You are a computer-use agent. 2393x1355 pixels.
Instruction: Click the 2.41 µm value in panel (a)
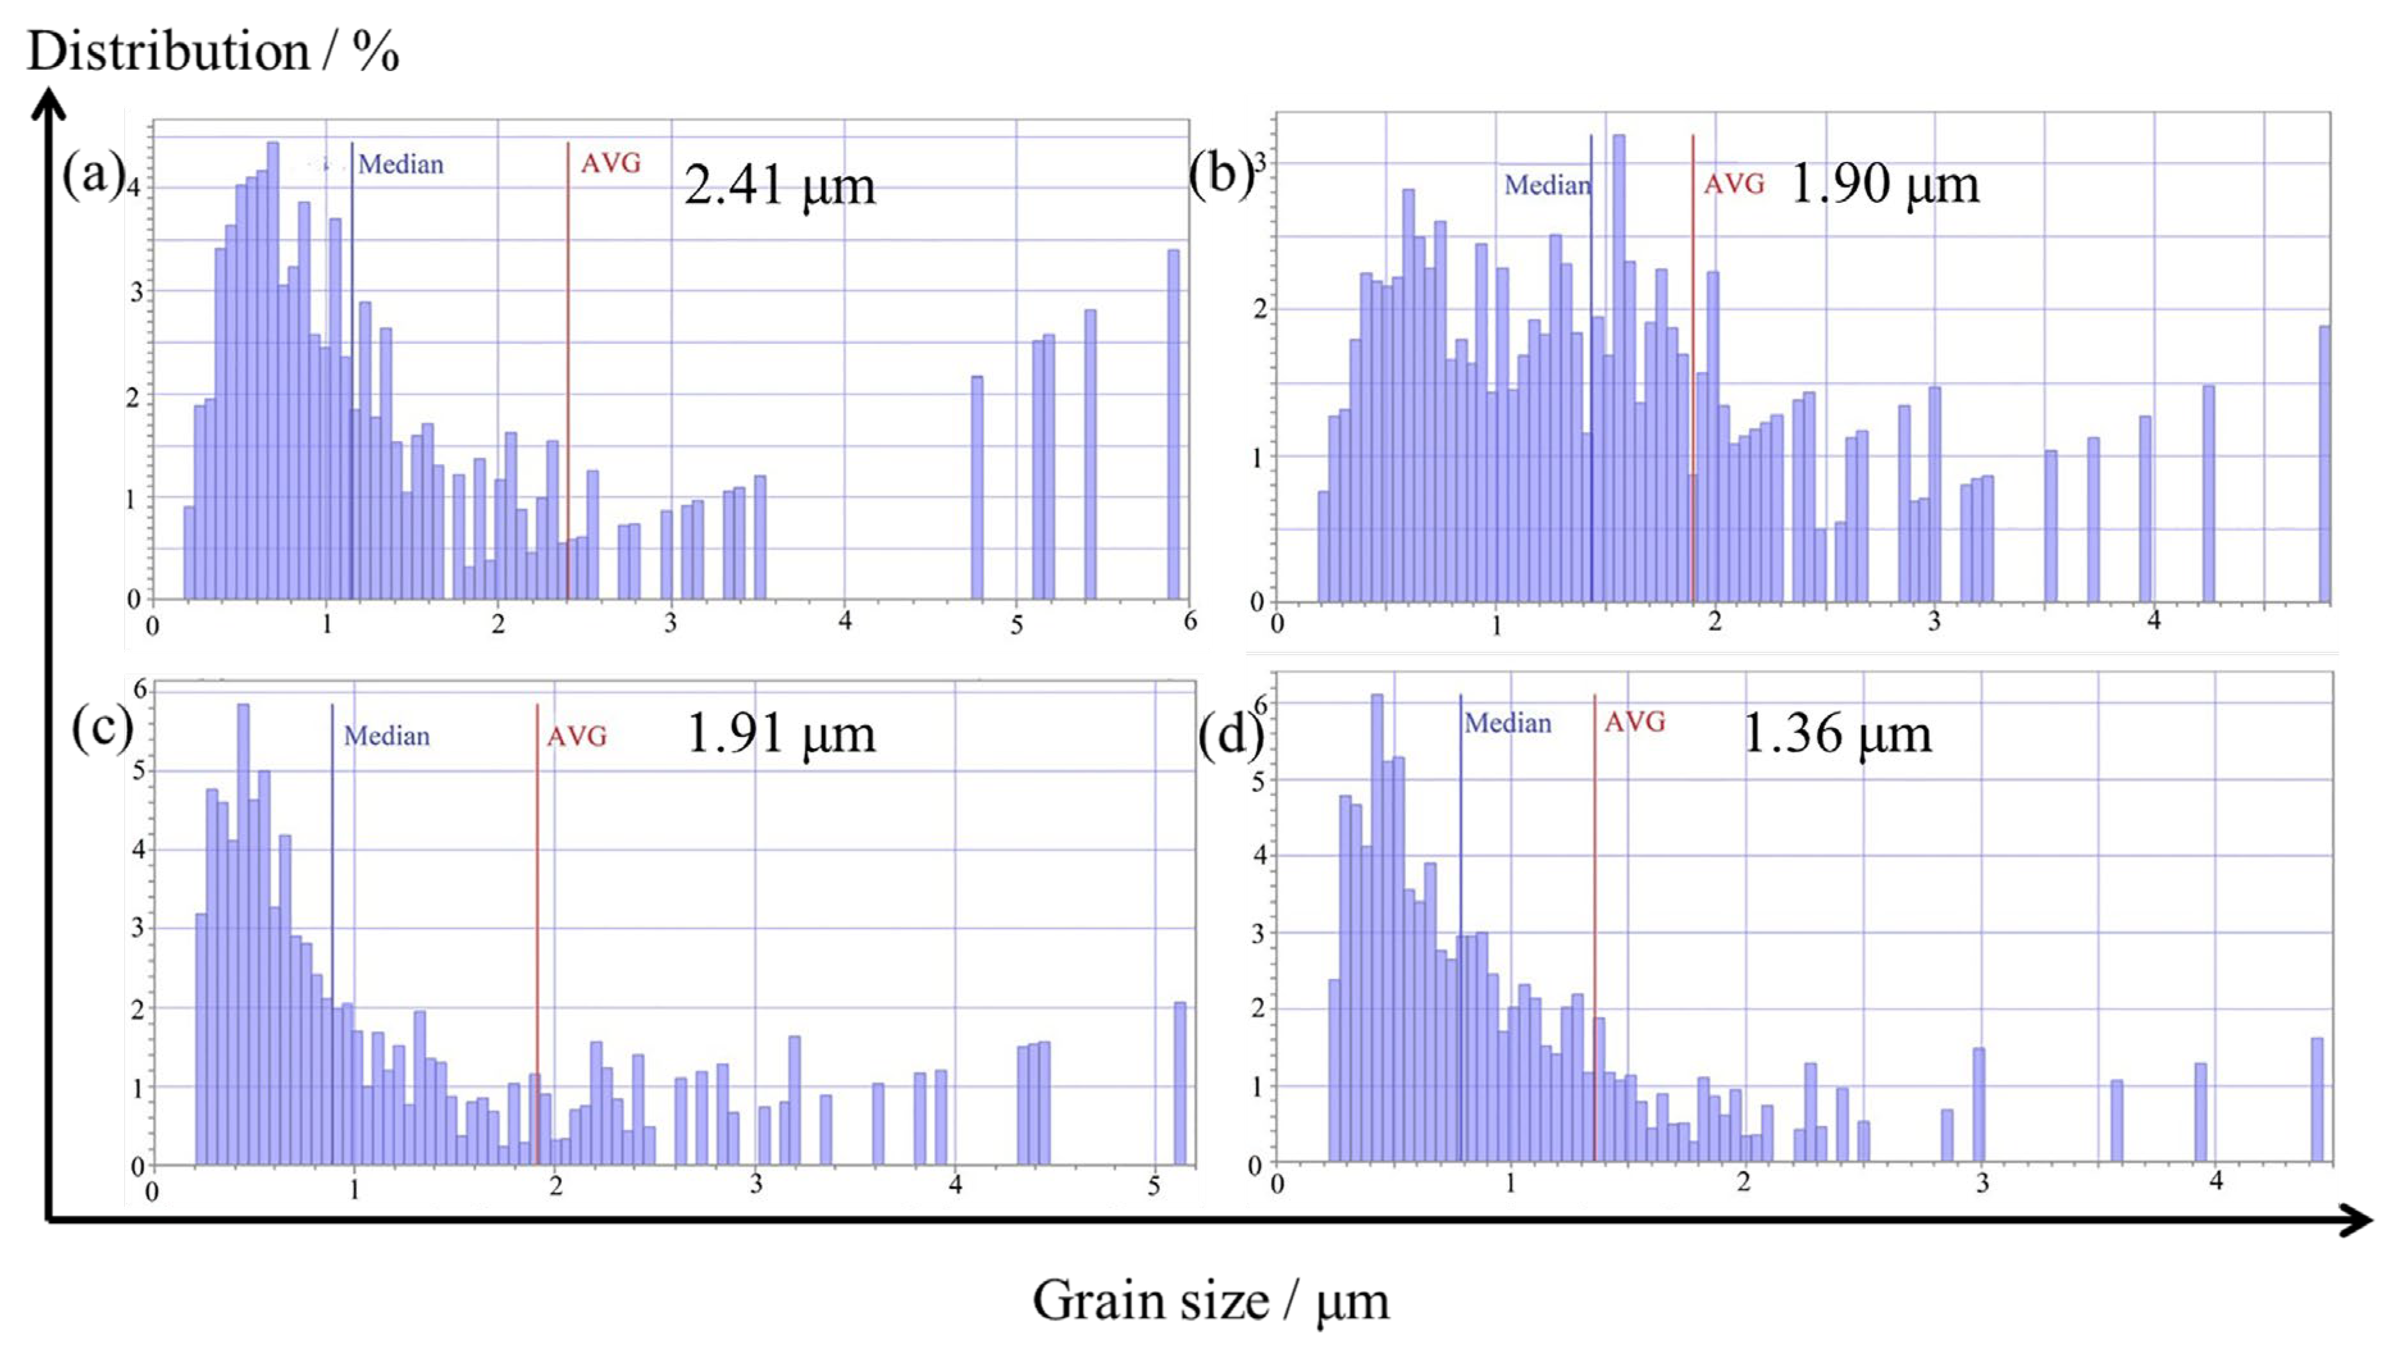[780, 186]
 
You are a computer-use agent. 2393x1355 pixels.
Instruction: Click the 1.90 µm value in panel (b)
[1884, 184]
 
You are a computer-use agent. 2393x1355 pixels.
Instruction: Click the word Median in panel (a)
[401, 165]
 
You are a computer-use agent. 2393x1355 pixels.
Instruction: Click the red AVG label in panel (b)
[1733, 184]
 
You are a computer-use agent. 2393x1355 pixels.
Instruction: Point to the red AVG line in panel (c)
[537, 930]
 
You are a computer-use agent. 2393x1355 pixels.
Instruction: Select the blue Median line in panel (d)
[1460, 930]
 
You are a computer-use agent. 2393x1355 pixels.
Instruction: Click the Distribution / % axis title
[212, 51]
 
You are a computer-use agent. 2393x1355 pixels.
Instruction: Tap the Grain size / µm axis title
[1210, 1301]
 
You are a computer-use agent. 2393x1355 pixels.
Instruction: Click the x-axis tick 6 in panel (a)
[1189, 621]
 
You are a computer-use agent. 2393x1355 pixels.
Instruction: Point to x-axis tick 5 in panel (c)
[1154, 1187]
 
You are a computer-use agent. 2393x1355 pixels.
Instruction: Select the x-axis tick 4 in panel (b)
[2153, 621]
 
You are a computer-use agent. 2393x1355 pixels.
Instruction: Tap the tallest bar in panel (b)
[1619, 372]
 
